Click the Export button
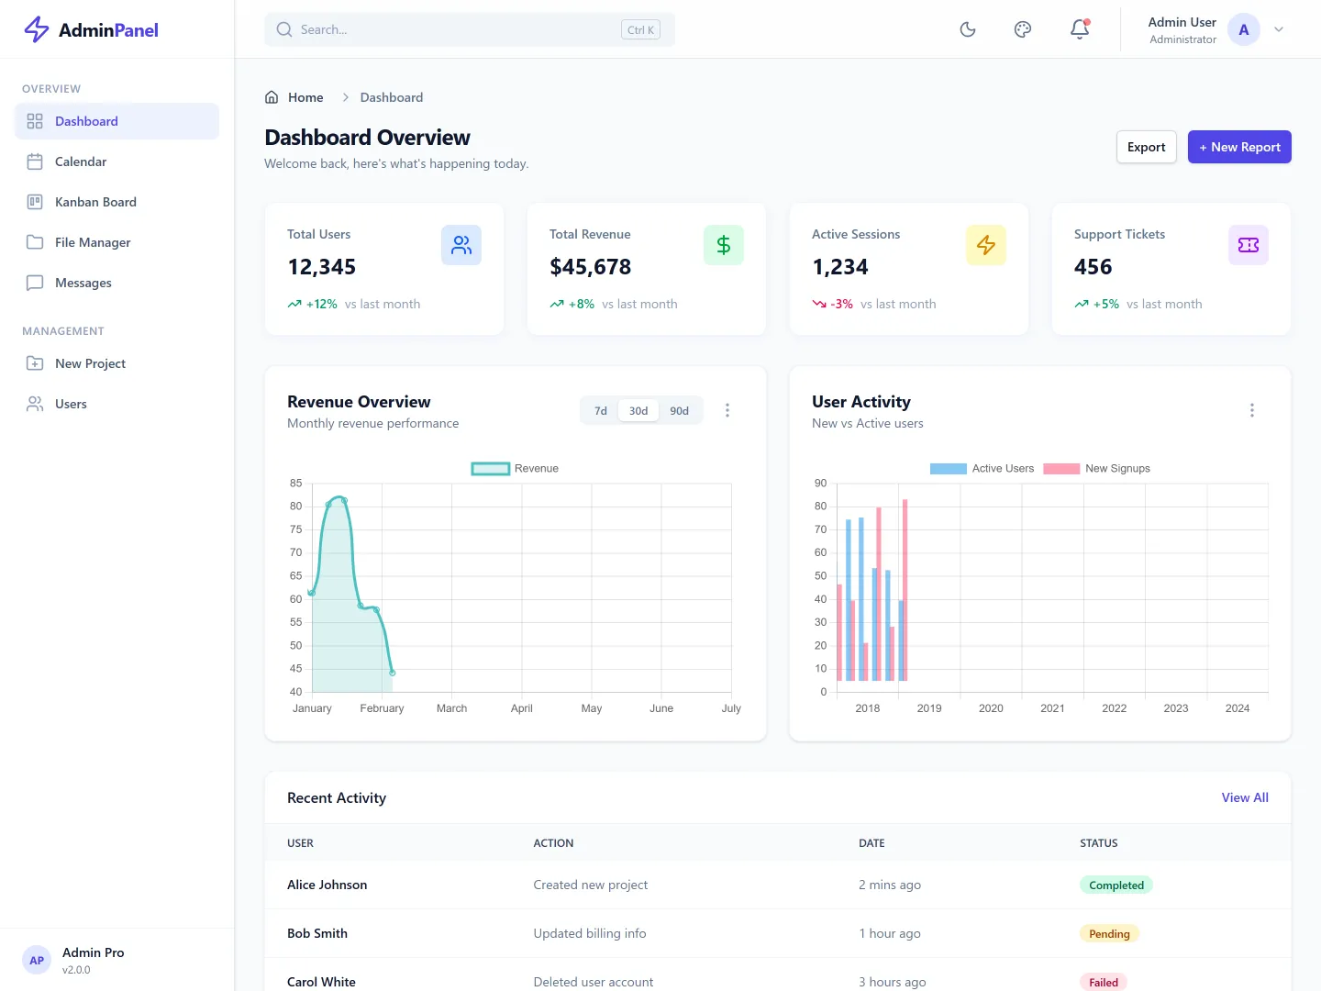pyautogui.click(x=1146, y=147)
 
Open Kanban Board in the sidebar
pyautogui.click(x=95, y=202)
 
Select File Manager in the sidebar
pyautogui.click(x=93, y=242)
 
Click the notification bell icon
pyautogui.click(x=1080, y=29)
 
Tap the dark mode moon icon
pyautogui.click(x=968, y=29)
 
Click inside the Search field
pyautogui.click(x=459, y=29)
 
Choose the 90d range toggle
pyautogui.click(x=679, y=410)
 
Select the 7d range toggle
pyautogui.click(x=601, y=410)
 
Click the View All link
pyautogui.click(x=1245, y=797)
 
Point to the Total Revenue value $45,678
pyautogui.click(x=591, y=267)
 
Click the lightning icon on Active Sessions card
pyautogui.click(x=986, y=245)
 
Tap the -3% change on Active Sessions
pyautogui.click(x=841, y=304)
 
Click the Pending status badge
pyautogui.click(x=1109, y=933)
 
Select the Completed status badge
pyautogui.click(x=1116, y=885)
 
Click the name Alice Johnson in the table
pyautogui.click(x=327, y=885)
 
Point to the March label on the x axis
pyautogui.click(x=451, y=708)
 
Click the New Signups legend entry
pyautogui.click(x=1097, y=468)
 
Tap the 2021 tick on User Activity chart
pyautogui.click(x=1052, y=708)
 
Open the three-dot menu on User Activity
pyautogui.click(x=1251, y=410)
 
